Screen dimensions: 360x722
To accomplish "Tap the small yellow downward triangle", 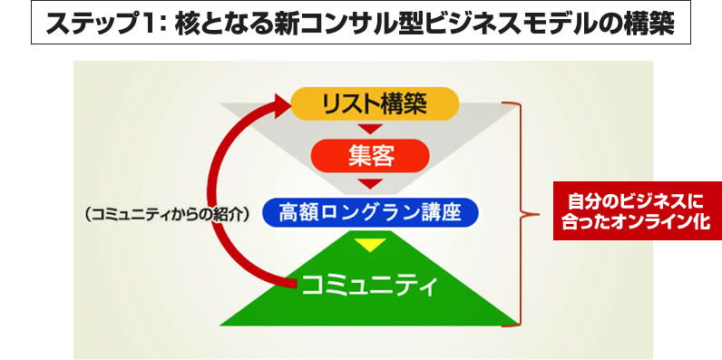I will point(369,246).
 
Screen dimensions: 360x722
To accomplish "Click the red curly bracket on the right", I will point(524,215).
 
